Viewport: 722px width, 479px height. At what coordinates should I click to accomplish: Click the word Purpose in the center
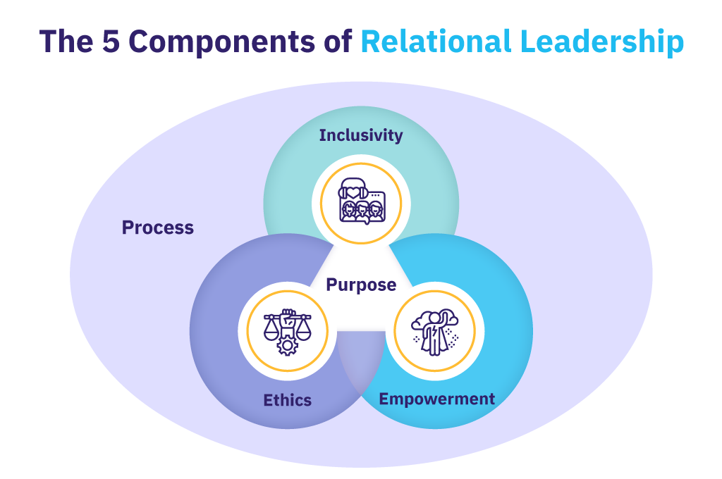(361, 285)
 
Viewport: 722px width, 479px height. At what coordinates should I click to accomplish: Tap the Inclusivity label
(361, 135)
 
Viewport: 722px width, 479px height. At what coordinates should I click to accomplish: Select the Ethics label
(287, 400)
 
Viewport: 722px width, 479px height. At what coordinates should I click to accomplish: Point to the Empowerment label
(436, 399)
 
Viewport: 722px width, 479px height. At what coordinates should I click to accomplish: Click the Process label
(157, 228)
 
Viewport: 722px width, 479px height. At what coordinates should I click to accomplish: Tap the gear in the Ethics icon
(286, 344)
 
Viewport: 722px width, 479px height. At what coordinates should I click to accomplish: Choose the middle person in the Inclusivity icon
(362, 209)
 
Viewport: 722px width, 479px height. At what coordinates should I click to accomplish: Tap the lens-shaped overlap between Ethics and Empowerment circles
(362, 366)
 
